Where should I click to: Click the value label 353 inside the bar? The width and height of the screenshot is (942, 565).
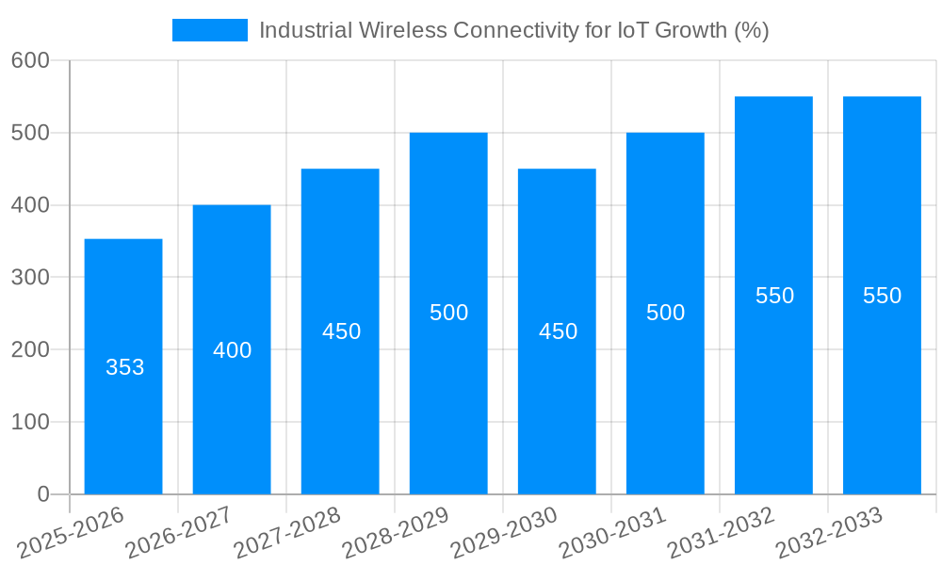(124, 368)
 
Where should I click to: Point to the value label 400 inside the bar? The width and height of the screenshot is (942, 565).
(232, 350)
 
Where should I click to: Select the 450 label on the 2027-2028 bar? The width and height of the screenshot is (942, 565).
(341, 331)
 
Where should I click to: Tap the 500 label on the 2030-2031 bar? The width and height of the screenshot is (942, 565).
(665, 313)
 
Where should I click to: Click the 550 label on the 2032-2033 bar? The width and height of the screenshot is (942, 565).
(882, 296)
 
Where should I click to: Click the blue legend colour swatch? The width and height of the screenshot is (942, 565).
(209, 30)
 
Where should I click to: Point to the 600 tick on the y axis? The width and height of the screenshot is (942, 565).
(30, 60)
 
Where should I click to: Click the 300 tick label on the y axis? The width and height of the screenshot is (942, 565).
(30, 278)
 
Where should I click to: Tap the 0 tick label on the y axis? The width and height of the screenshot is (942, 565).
(42, 494)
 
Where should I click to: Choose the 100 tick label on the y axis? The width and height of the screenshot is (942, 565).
(30, 422)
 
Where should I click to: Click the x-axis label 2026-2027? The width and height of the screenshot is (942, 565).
(179, 533)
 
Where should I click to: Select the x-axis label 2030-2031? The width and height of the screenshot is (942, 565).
(612, 533)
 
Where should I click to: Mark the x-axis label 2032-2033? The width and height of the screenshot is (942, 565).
(829, 533)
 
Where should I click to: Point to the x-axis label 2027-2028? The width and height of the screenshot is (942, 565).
(287, 533)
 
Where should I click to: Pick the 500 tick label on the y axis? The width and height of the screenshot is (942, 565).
(30, 133)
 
